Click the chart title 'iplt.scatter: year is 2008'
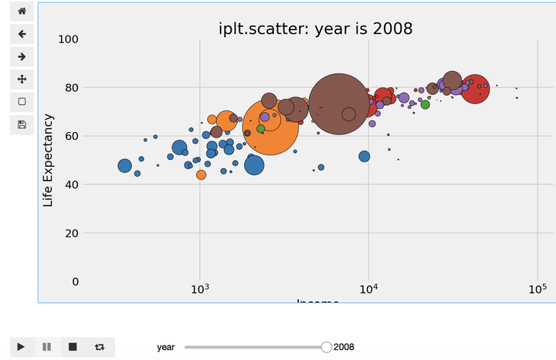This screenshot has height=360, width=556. point(315,29)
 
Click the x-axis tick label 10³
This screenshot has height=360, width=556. point(200,290)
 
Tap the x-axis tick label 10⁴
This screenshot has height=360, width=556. point(368,290)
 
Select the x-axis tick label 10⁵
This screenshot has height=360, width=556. point(537,290)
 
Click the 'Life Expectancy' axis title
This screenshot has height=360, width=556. point(49,160)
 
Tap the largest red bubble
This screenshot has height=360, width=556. point(474,89)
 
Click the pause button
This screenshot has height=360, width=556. point(47,347)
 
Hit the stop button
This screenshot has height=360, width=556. point(73,347)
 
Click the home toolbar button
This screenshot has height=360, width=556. point(22,12)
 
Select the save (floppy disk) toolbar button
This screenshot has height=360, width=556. point(22,124)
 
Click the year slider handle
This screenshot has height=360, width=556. point(327,347)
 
